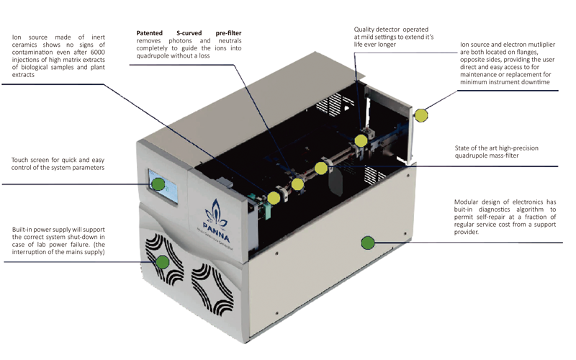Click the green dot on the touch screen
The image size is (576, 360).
click(x=158, y=184)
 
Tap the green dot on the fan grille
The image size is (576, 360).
click(x=163, y=261)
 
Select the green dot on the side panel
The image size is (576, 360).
click(x=367, y=243)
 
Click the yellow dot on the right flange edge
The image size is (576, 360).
click(x=421, y=114)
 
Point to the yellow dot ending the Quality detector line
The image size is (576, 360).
click(x=361, y=140)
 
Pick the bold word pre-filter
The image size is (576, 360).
click(x=228, y=33)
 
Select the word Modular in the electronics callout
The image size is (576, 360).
click(x=468, y=202)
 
